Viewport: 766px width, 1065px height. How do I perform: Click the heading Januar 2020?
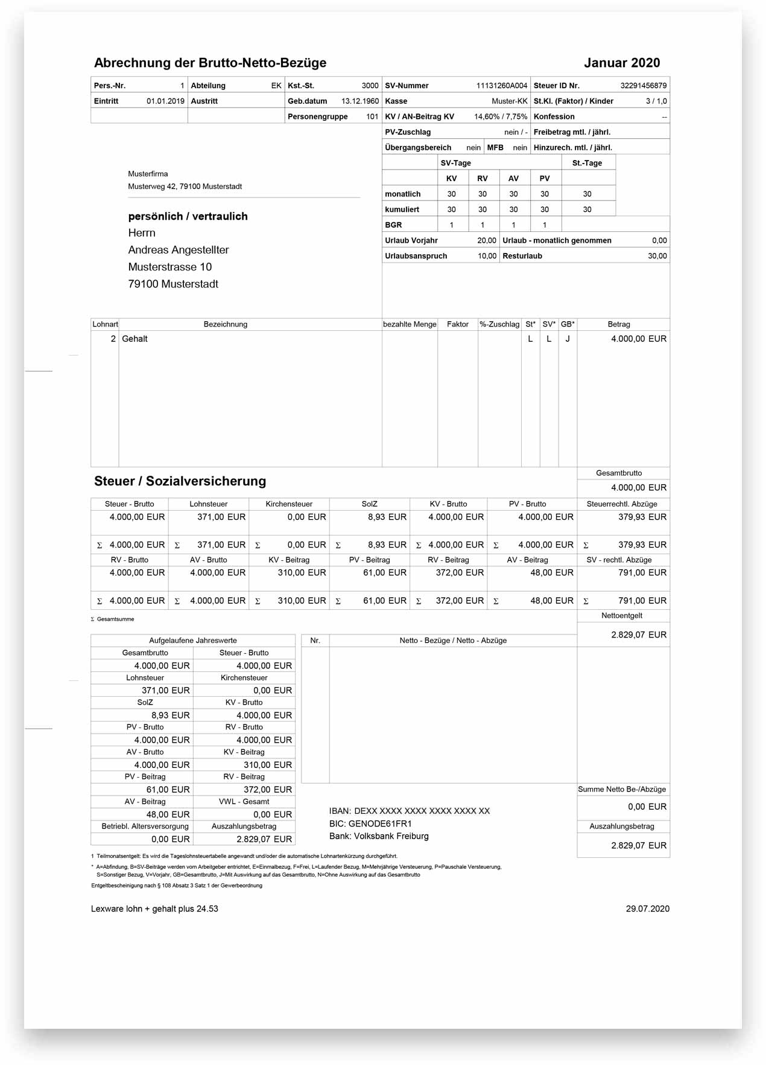[621, 63]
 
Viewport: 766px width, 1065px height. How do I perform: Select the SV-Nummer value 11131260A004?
[501, 86]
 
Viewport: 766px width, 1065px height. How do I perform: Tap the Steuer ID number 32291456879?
[643, 86]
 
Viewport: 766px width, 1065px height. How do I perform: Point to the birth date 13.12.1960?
[359, 101]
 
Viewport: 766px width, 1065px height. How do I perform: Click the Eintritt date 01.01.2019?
[165, 101]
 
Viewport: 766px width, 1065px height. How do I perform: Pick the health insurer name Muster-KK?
[509, 101]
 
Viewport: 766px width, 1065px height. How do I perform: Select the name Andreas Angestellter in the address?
[179, 250]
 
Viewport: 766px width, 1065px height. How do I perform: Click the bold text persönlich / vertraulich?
[188, 216]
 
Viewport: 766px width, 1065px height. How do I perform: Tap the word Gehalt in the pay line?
[135, 339]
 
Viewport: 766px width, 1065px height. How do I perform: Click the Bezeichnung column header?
[225, 324]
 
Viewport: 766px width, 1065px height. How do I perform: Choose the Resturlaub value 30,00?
[657, 256]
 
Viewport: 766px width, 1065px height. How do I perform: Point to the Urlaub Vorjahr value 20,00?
[486, 240]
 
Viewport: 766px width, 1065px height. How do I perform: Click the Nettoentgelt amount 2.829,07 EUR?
[638, 635]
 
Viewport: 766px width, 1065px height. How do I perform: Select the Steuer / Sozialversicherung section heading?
[180, 481]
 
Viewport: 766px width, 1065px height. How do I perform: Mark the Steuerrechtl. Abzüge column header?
[622, 504]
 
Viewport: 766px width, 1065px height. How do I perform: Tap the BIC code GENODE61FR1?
[380, 824]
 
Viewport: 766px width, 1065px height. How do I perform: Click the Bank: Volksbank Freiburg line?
[379, 836]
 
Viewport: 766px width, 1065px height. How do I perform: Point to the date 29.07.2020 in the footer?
[647, 909]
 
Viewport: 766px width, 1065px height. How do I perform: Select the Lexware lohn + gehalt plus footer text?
[154, 909]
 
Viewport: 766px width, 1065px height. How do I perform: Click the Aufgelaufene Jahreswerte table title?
[193, 641]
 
